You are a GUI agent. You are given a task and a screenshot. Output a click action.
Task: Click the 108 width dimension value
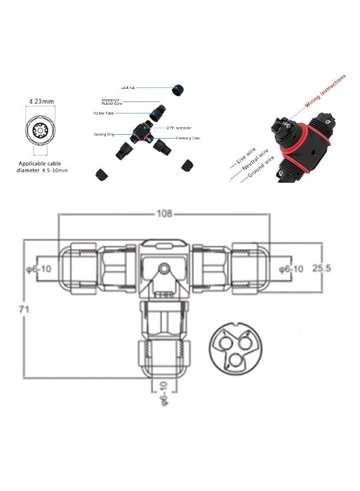pos(165,214)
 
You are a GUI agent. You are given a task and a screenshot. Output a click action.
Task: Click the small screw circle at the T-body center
pos(163,269)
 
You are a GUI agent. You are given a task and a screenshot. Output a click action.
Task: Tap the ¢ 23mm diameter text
pos(41,101)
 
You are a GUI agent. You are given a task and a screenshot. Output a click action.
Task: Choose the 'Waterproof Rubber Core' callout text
pos(114,102)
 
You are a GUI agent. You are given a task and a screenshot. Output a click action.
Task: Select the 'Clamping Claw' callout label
pos(189,139)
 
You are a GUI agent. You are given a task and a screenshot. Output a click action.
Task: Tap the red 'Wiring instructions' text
pos(325,92)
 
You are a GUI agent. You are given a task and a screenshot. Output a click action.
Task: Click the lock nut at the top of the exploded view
pos(177,90)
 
